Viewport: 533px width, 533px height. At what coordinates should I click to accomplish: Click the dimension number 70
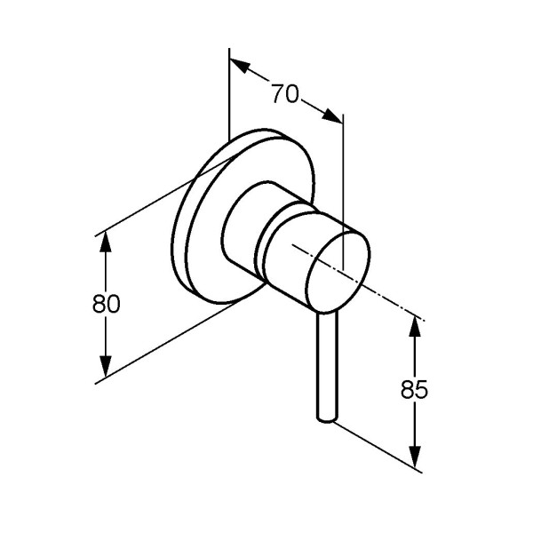tap(285, 93)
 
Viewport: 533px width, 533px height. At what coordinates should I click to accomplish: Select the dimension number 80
tap(106, 304)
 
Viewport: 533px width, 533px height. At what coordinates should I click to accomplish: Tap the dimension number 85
tap(414, 389)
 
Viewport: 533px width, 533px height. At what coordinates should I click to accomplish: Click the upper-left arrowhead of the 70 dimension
tap(241, 66)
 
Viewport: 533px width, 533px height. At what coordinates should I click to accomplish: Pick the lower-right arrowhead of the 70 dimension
tap(332, 115)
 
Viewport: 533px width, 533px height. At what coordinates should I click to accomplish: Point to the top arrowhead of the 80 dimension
tap(106, 242)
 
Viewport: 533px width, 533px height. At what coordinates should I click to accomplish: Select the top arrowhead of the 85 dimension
tap(414, 327)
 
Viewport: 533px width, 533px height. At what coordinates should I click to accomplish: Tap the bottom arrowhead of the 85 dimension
tap(414, 457)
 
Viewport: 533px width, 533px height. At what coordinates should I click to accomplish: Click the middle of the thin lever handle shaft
tap(328, 365)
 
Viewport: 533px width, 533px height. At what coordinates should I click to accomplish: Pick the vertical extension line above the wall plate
tap(229, 94)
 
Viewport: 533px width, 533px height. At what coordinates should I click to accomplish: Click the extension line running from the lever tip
tap(378, 447)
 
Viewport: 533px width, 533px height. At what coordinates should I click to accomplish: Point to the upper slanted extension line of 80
tap(163, 197)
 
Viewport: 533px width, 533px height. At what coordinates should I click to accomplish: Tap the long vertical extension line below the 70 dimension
tap(343, 192)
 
